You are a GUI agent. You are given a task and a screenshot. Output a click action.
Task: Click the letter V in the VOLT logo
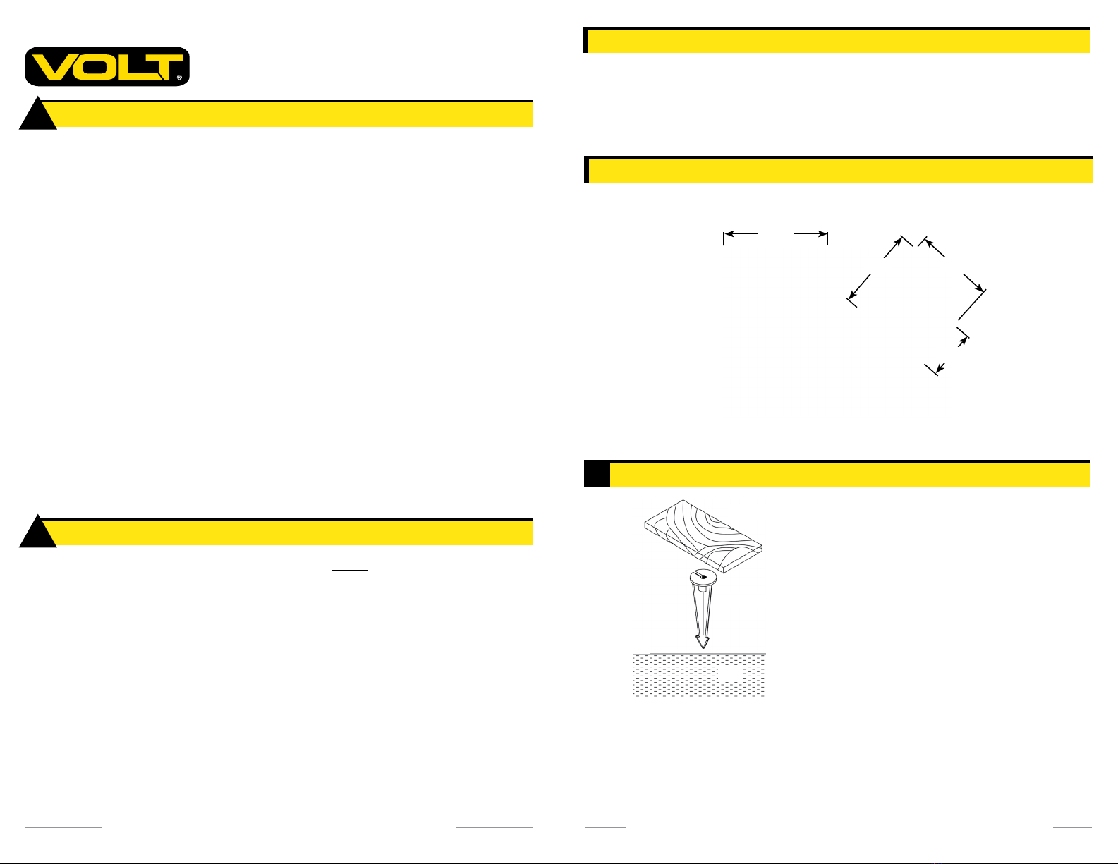[x=52, y=67]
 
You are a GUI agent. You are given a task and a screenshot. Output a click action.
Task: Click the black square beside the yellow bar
[x=597, y=475]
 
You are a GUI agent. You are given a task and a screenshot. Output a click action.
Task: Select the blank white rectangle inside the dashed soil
[x=731, y=674]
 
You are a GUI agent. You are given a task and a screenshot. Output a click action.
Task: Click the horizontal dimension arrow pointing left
[x=741, y=233]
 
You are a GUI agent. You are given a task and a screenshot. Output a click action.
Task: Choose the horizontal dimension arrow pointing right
[x=810, y=233]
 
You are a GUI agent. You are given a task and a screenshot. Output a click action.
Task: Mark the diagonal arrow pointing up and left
[x=934, y=248]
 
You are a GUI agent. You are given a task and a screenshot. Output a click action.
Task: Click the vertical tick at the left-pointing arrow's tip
[x=724, y=238]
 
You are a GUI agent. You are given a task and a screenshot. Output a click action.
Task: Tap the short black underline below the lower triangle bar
[x=350, y=571]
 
